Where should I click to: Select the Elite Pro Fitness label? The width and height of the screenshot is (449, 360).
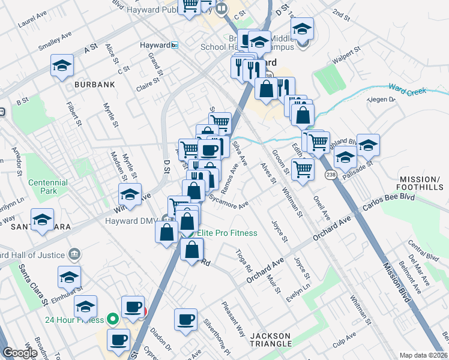[229, 233]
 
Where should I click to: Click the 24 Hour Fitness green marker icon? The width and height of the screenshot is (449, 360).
[112, 319]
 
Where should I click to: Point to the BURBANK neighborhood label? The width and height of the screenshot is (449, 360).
[94, 85]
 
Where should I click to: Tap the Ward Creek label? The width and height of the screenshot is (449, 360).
[407, 90]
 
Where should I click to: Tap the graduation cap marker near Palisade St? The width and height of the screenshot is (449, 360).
[368, 145]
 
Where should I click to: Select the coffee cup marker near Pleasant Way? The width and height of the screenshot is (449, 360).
[185, 319]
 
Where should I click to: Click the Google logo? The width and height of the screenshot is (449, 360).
[20, 353]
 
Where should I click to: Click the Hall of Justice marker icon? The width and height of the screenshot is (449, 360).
[74, 253]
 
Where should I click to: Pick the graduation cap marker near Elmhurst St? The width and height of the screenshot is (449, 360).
[69, 277]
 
